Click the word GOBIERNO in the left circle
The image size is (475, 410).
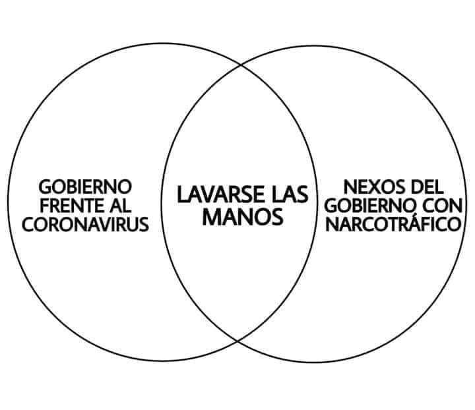pyautogui.click(x=85, y=187)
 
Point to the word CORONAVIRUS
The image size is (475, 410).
pyautogui.click(x=85, y=225)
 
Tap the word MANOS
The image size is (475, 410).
pyautogui.click(x=243, y=217)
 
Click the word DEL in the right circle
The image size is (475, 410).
pyautogui.click(x=427, y=187)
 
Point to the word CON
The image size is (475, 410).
pyautogui.click(x=443, y=206)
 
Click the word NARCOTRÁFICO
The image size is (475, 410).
pyautogui.click(x=393, y=224)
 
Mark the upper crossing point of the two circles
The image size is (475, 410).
pyautogui.click(x=241, y=65)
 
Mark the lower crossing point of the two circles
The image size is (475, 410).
pyautogui.click(x=237, y=341)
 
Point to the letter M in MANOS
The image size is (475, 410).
pyautogui.click(x=211, y=217)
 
